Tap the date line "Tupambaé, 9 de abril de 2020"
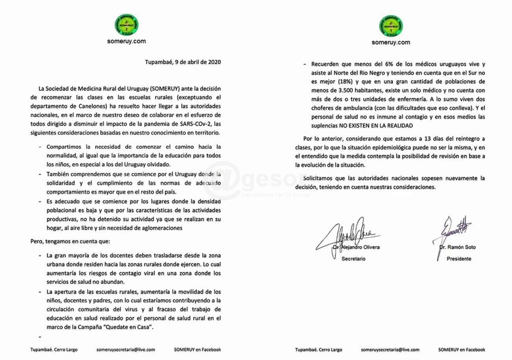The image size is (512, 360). pyautogui.click(x=183, y=62)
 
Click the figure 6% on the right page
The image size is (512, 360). pyautogui.click(x=366, y=63)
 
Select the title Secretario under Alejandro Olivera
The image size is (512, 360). pyautogui.click(x=353, y=259)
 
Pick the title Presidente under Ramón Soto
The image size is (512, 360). pyautogui.click(x=459, y=259)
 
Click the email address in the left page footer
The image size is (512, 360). pyautogui.click(x=126, y=349)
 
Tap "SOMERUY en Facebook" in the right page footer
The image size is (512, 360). pyautogui.click(x=462, y=349)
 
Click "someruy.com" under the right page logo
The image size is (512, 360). pyautogui.click(x=391, y=42)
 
